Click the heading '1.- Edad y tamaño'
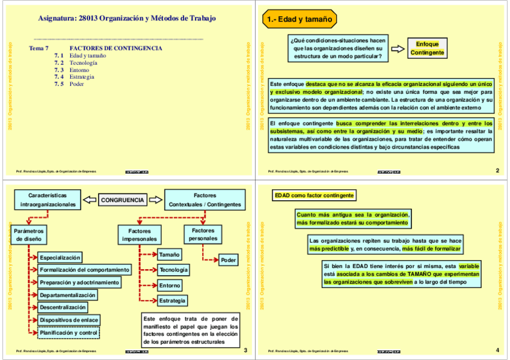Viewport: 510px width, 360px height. click(x=298, y=20)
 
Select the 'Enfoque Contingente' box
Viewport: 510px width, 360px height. click(x=428, y=48)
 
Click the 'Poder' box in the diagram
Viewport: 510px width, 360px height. click(x=229, y=260)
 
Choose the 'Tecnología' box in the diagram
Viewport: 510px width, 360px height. click(x=174, y=270)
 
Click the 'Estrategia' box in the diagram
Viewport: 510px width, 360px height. click(x=173, y=300)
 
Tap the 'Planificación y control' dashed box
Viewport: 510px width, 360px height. click(x=68, y=332)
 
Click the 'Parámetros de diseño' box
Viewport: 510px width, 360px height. click(x=28, y=234)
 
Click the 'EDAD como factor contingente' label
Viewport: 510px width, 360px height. click(x=313, y=195)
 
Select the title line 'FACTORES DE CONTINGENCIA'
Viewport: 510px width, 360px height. click(x=115, y=48)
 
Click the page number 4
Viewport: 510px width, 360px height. click(x=497, y=350)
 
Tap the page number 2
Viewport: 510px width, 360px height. click(x=497, y=171)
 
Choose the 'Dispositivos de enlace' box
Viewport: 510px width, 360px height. click(x=69, y=320)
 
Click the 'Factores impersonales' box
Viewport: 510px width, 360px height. click(x=140, y=234)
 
